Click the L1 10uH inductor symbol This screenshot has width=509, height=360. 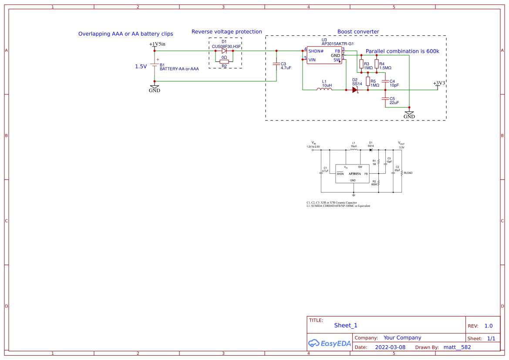(324, 90)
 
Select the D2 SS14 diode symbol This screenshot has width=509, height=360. (355, 90)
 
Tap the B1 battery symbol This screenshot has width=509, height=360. (155, 66)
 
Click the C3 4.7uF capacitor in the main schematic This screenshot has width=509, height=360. (276, 64)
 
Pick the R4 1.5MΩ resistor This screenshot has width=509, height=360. (377, 64)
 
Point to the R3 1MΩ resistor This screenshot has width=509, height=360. (361, 64)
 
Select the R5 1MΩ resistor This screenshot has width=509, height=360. (368, 81)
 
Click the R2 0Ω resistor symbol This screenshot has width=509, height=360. (224, 62)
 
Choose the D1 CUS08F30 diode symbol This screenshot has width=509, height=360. (224, 51)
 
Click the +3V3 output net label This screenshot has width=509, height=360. (439, 83)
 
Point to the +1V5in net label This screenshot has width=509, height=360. (157, 44)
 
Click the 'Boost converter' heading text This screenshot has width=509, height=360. (358, 32)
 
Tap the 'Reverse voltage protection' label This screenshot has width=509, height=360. (226, 32)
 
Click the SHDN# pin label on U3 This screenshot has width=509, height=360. (316, 51)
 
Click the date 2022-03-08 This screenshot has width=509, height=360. (390, 347)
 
